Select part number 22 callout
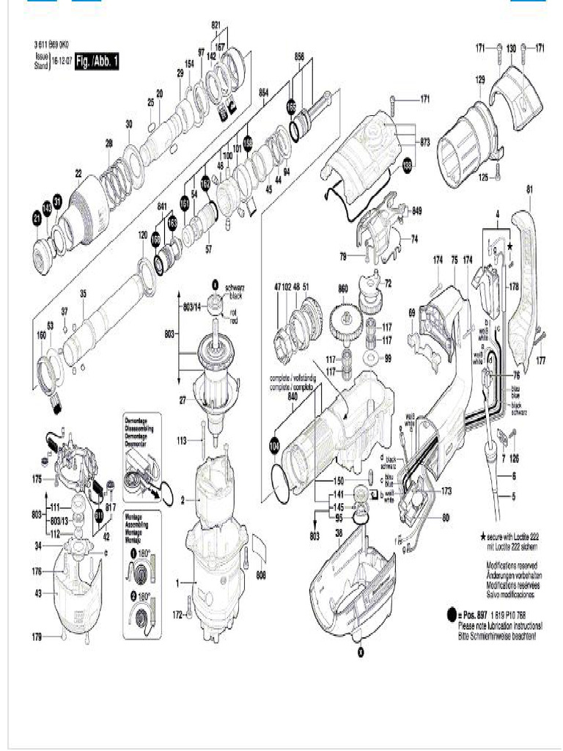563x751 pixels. [x=78, y=173]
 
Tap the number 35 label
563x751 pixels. [x=83, y=295]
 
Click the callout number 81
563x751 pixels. [x=529, y=189]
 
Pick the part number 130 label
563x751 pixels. [x=511, y=48]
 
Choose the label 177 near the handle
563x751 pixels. [x=541, y=361]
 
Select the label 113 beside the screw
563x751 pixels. [x=183, y=441]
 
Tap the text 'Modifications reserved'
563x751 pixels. [x=512, y=566]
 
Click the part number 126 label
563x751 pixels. [x=514, y=459]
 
